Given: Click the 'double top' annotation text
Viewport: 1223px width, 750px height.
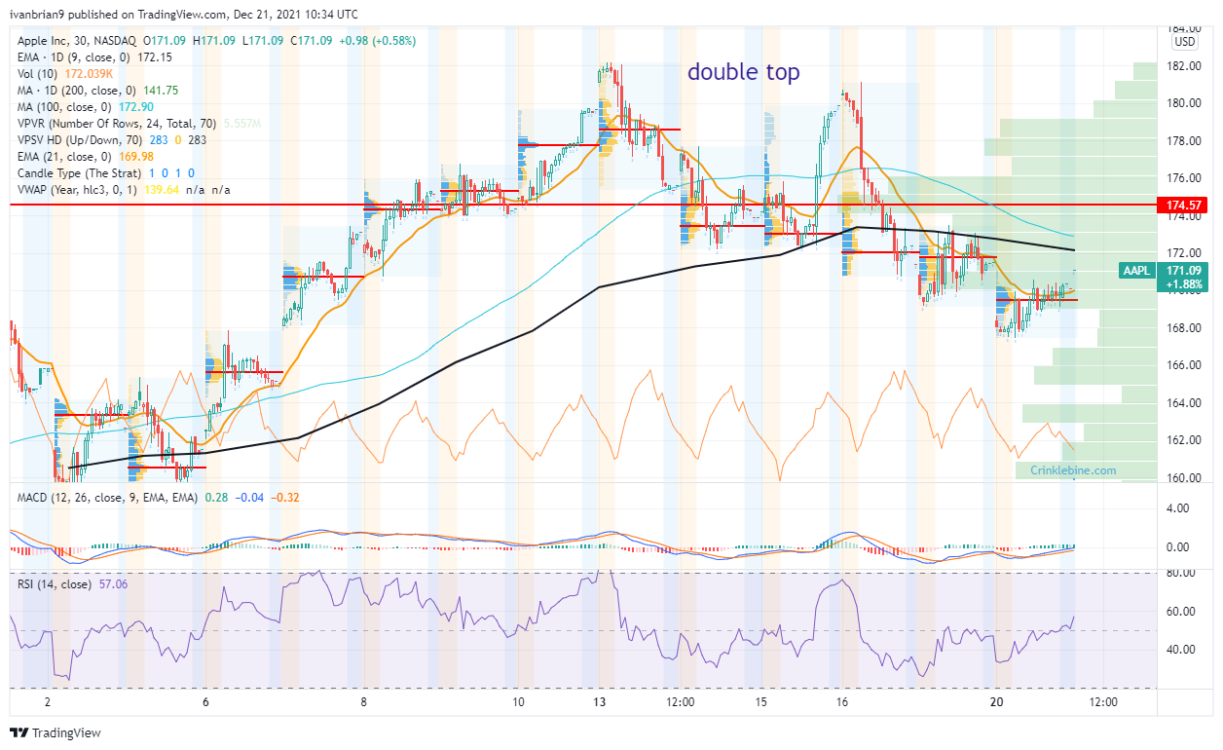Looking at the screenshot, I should coord(744,72).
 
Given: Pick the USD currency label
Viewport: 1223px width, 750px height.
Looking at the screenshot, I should coord(1185,42).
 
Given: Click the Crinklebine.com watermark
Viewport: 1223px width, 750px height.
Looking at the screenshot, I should coord(1073,470).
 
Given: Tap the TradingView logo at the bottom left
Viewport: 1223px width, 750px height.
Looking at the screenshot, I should coord(56,732).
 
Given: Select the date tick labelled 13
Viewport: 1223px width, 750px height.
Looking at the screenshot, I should coord(605,701).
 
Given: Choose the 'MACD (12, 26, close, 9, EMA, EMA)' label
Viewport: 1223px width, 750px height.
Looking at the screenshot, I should coord(109,499).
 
